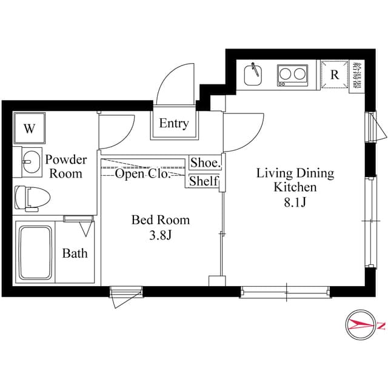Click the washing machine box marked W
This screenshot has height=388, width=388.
point(28,129)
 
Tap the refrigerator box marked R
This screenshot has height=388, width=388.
point(334,75)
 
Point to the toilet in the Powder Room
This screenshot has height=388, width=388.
point(30,197)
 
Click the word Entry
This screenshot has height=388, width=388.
point(174,124)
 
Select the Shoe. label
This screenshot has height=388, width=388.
point(205,162)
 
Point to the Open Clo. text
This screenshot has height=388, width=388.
point(142,175)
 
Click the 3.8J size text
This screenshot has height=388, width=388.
point(161,235)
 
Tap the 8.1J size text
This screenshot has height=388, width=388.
point(295,203)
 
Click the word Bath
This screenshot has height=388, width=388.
point(75,253)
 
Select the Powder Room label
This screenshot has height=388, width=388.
point(66,167)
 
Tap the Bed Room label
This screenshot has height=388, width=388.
point(161,220)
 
